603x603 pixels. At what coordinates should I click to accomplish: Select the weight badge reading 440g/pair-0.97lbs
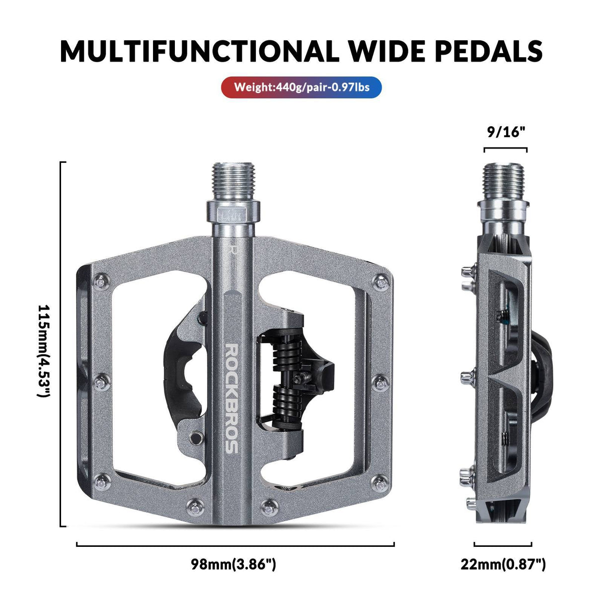tap(301, 87)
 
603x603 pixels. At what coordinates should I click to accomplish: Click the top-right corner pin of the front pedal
tap(381, 281)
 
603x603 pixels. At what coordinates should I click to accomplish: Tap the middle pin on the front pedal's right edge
tap(380, 381)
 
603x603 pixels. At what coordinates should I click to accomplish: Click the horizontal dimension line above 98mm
tap(235, 544)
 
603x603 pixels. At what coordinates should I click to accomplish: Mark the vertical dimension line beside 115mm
tap(61, 344)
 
